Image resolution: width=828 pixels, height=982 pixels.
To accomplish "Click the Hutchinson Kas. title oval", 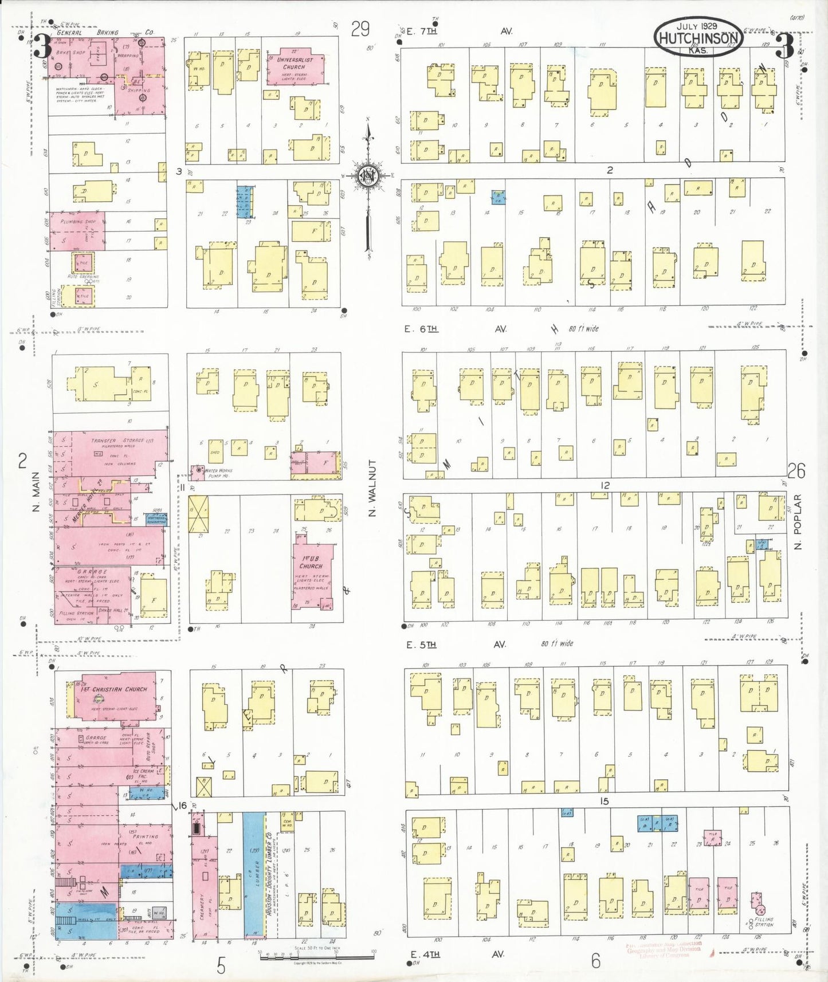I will click(x=699, y=37).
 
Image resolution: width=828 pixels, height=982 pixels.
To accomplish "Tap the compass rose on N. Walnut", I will click(x=366, y=175).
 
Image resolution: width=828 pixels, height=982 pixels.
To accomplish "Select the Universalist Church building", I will click(x=295, y=67).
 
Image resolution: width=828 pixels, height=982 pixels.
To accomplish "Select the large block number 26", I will click(x=796, y=471).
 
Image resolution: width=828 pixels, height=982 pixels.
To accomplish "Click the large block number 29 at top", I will click(x=360, y=29).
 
